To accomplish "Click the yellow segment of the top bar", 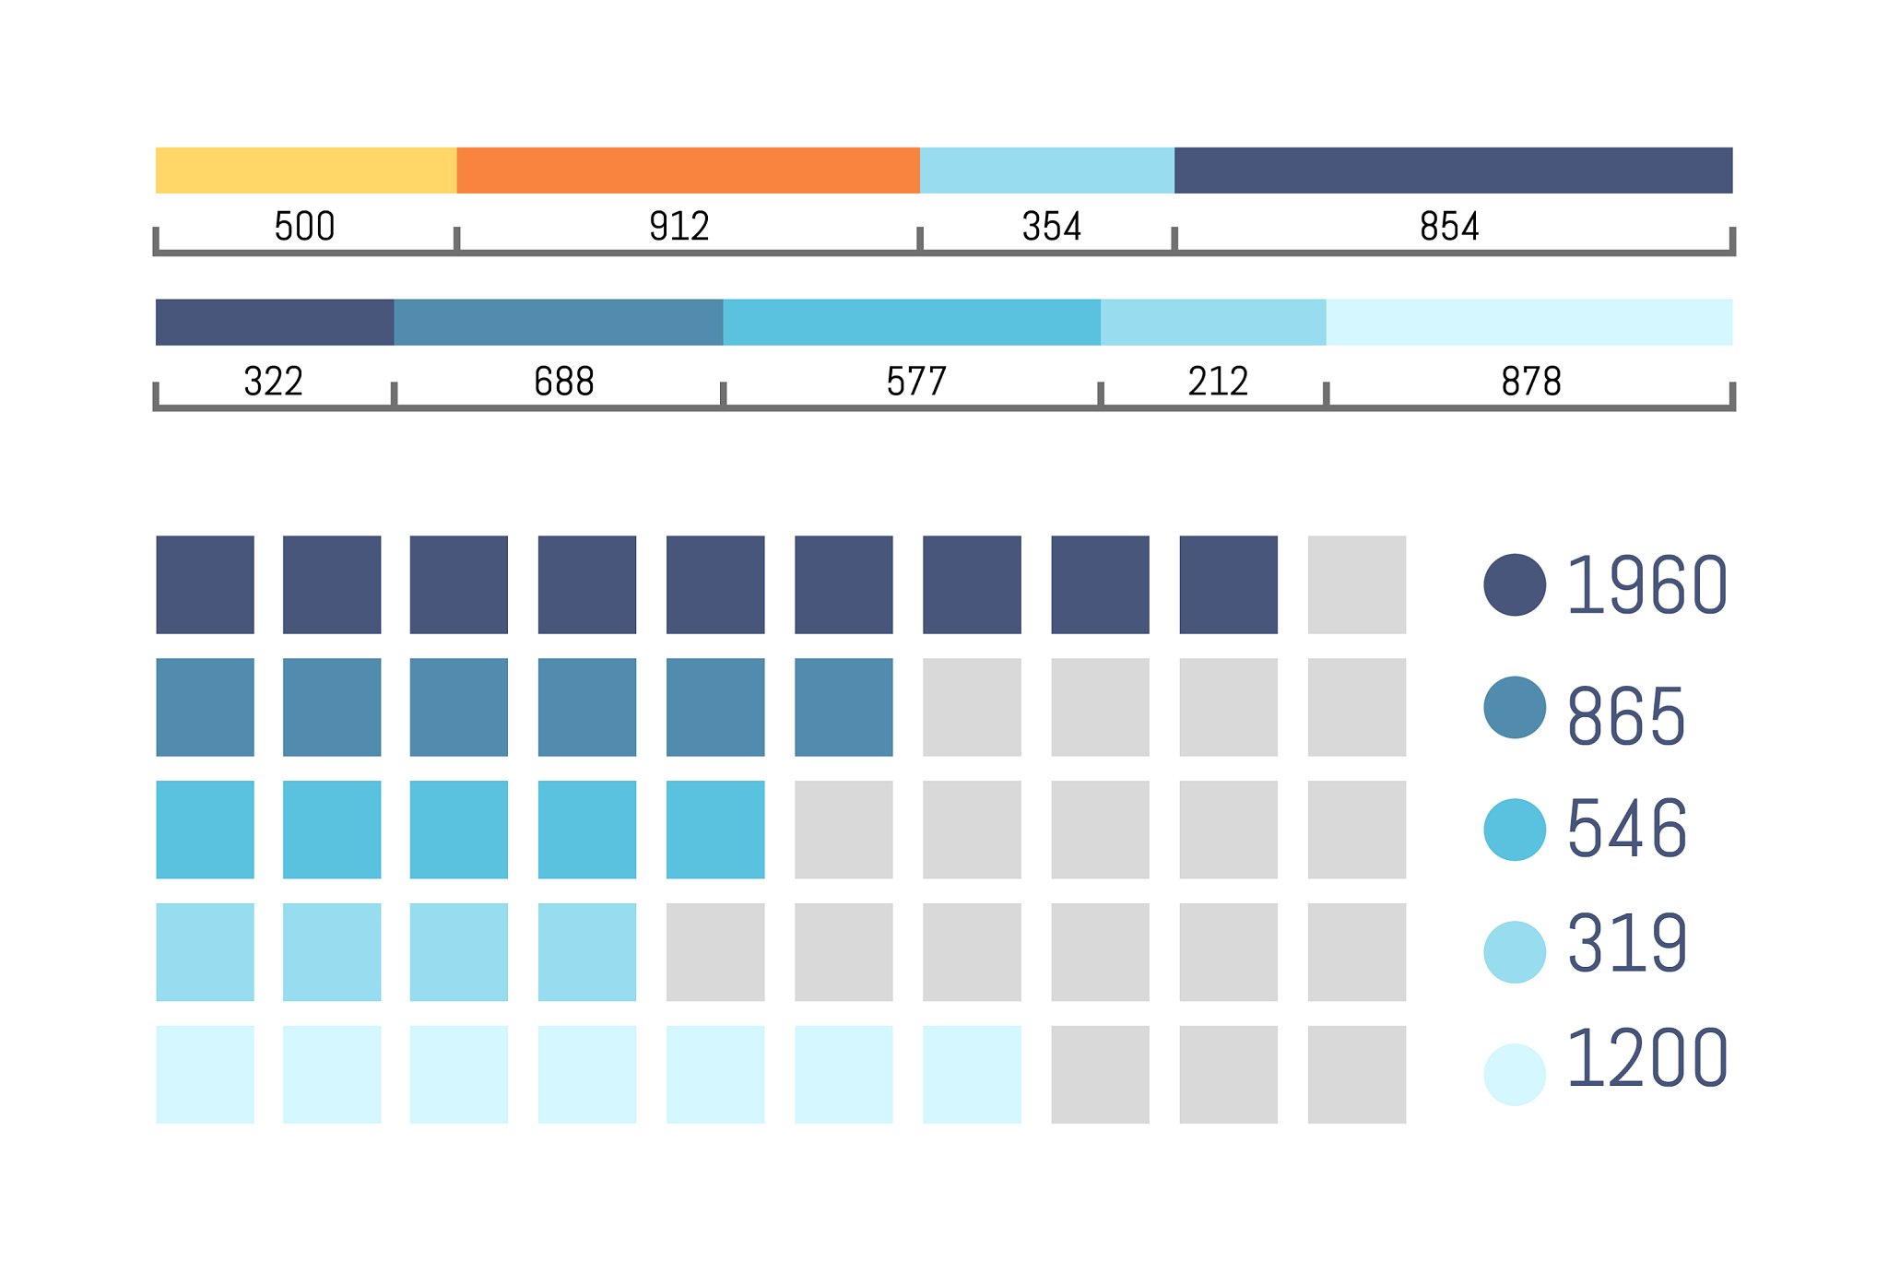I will tap(306, 171).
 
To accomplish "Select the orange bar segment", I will tap(688, 171).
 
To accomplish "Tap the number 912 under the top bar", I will tap(679, 227).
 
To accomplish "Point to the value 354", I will tap(1052, 227).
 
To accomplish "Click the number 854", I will tap(1449, 227).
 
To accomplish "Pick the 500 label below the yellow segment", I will tap(304, 227).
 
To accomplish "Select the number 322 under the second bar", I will tap(274, 382).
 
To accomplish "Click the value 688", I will tap(564, 382).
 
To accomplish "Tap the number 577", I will tap(916, 382).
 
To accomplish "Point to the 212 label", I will tap(1218, 382).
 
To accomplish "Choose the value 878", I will tap(1531, 382).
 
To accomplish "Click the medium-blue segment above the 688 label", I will tap(559, 323).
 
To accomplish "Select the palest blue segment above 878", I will tap(1528, 323).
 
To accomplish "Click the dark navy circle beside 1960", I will tap(1515, 584).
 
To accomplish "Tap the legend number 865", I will tap(1626, 715).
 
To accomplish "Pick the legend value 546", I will tap(1627, 830).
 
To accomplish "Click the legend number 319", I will tap(1627, 943).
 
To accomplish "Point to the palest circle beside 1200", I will tap(1515, 1075).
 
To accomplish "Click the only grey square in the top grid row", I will tap(1356, 584).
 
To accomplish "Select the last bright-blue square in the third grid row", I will tap(715, 830).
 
